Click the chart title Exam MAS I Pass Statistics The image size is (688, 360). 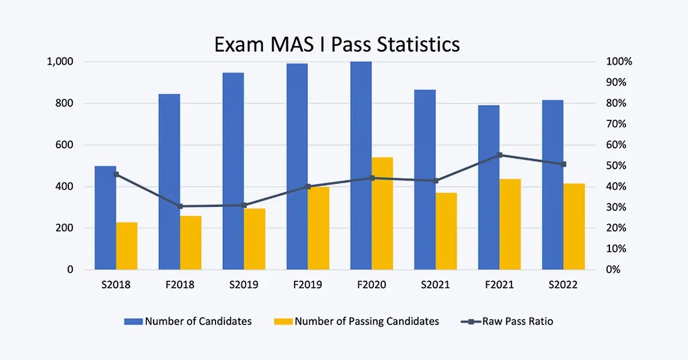(337, 44)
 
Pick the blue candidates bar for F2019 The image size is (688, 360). (297, 166)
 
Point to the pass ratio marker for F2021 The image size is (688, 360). (499, 155)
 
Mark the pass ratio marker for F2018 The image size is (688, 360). (180, 206)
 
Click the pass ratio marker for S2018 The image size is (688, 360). (116, 174)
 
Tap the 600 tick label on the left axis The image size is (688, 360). (65, 145)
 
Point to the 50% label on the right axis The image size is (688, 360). (616, 166)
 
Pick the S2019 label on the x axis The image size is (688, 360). (244, 285)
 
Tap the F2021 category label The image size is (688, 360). (499, 285)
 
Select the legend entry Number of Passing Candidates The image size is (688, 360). (366, 321)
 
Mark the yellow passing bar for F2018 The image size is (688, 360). (191, 242)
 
